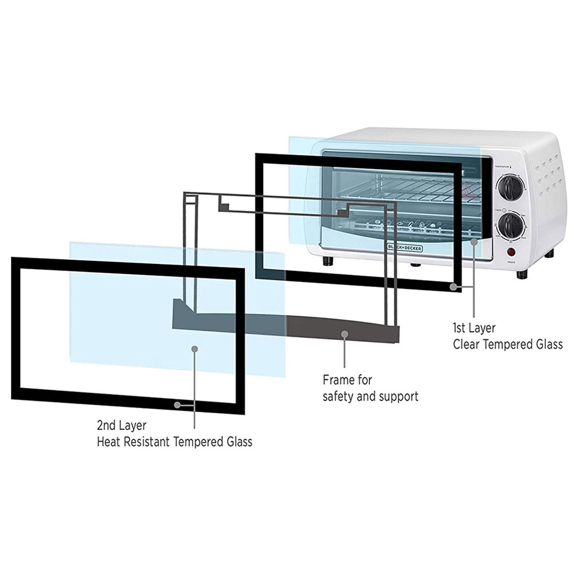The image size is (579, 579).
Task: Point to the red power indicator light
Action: pos(511,252)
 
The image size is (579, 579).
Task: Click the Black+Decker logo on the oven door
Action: pos(405,248)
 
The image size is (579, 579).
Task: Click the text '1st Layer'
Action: pos(474,328)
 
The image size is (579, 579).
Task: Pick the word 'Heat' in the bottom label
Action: pos(108,442)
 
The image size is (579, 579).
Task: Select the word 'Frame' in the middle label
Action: pos(339,380)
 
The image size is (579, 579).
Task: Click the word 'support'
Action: pos(398,397)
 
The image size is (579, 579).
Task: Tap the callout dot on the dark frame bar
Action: pos(345,334)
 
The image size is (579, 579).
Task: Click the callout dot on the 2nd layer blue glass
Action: pos(195,349)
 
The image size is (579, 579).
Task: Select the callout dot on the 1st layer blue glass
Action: pos(474,241)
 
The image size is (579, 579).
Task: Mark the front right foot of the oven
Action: pos(522,274)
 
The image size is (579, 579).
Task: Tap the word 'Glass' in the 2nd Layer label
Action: pos(237,442)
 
